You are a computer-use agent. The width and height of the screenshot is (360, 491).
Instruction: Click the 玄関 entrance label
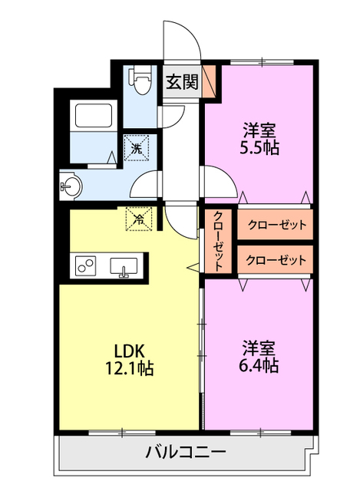click(182, 82)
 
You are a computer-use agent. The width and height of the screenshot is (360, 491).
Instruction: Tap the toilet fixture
click(140, 80)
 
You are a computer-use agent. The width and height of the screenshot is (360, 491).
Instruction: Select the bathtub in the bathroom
click(94, 114)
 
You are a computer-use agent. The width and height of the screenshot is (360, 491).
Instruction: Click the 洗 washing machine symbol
click(137, 147)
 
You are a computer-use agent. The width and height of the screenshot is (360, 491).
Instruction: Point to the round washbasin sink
click(71, 186)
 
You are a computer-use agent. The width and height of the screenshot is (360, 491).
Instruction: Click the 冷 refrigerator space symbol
click(139, 219)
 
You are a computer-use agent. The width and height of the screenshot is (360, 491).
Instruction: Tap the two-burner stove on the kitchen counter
click(85, 266)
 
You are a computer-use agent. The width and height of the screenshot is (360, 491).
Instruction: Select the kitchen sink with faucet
click(124, 267)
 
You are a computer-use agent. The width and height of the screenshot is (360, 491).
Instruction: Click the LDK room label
click(129, 351)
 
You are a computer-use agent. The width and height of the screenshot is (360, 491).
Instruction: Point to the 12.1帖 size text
click(129, 368)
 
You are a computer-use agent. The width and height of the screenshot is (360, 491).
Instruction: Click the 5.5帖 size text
click(259, 147)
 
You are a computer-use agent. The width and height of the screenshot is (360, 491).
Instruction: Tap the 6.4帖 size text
click(259, 365)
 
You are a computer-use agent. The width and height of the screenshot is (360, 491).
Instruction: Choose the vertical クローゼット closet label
click(218, 241)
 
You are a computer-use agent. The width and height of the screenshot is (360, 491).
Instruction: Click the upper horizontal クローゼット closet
click(276, 225)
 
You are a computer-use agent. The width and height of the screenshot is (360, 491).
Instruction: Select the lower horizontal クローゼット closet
click(276, 260)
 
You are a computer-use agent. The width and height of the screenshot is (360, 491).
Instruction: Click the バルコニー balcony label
click(186, 452)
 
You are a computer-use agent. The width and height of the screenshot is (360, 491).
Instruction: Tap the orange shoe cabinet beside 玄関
click(210, 81)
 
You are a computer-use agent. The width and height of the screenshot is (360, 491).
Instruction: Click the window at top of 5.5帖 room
click(262, 61)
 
